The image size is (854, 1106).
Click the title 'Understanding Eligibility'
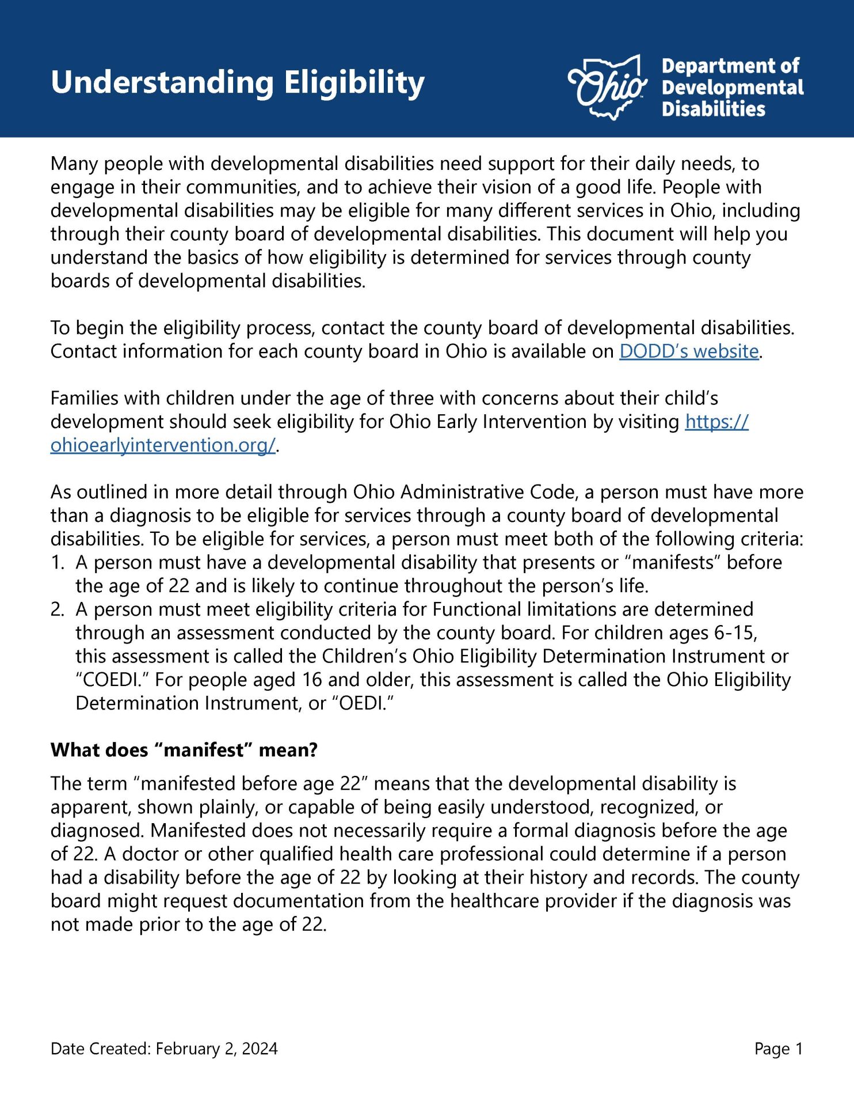(237, 82)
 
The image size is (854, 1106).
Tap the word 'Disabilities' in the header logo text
(713, 109)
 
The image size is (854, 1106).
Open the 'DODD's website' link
(689, 351)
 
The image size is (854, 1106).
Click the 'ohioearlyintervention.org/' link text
(163, 445)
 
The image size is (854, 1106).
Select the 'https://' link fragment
(716, 422)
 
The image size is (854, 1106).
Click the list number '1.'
(58, 563)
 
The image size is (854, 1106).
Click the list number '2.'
(58, 609)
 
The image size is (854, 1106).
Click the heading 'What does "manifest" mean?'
(184, 751)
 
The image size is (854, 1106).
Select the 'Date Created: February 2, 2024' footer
(164, 1049)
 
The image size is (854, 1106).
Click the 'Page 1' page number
(778, 1049)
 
